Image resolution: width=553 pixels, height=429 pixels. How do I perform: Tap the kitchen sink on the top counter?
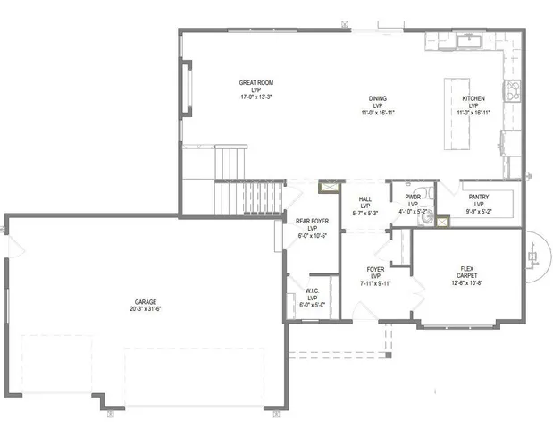point(468,41)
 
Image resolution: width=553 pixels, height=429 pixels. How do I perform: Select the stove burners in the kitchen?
point(514,89)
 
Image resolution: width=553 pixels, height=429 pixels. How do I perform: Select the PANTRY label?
point(477,197)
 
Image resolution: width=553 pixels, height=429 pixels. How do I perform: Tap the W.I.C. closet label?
point(312,290)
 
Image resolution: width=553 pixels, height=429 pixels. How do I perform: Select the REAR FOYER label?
point(312,221)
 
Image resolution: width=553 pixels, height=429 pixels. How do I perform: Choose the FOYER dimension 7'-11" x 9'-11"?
point(375,282)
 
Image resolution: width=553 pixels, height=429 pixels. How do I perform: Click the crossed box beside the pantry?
point(440,220)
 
